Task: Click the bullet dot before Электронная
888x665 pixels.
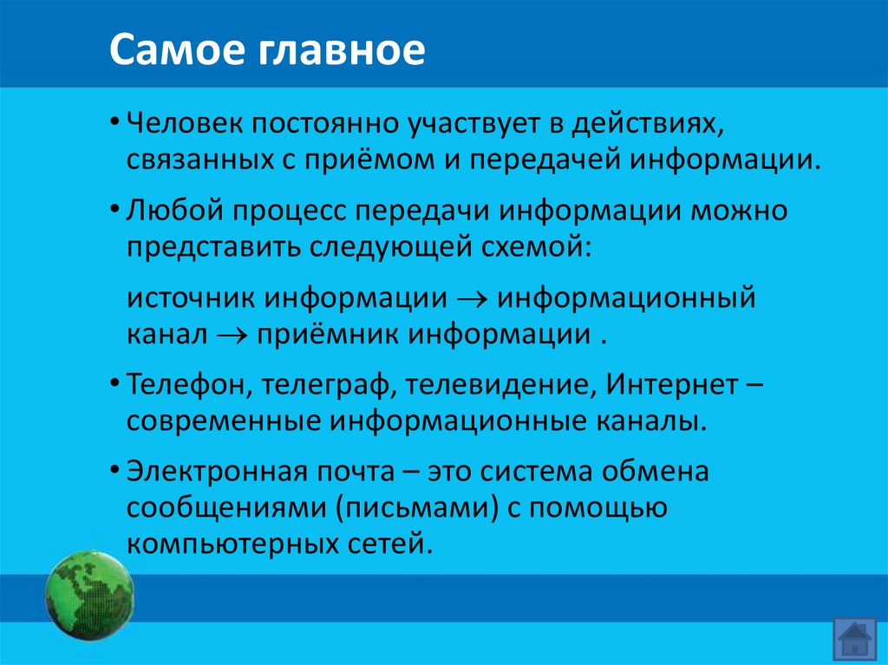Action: point(115,473)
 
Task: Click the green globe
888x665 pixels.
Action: point(89,596)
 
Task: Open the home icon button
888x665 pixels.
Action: point(854,640)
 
